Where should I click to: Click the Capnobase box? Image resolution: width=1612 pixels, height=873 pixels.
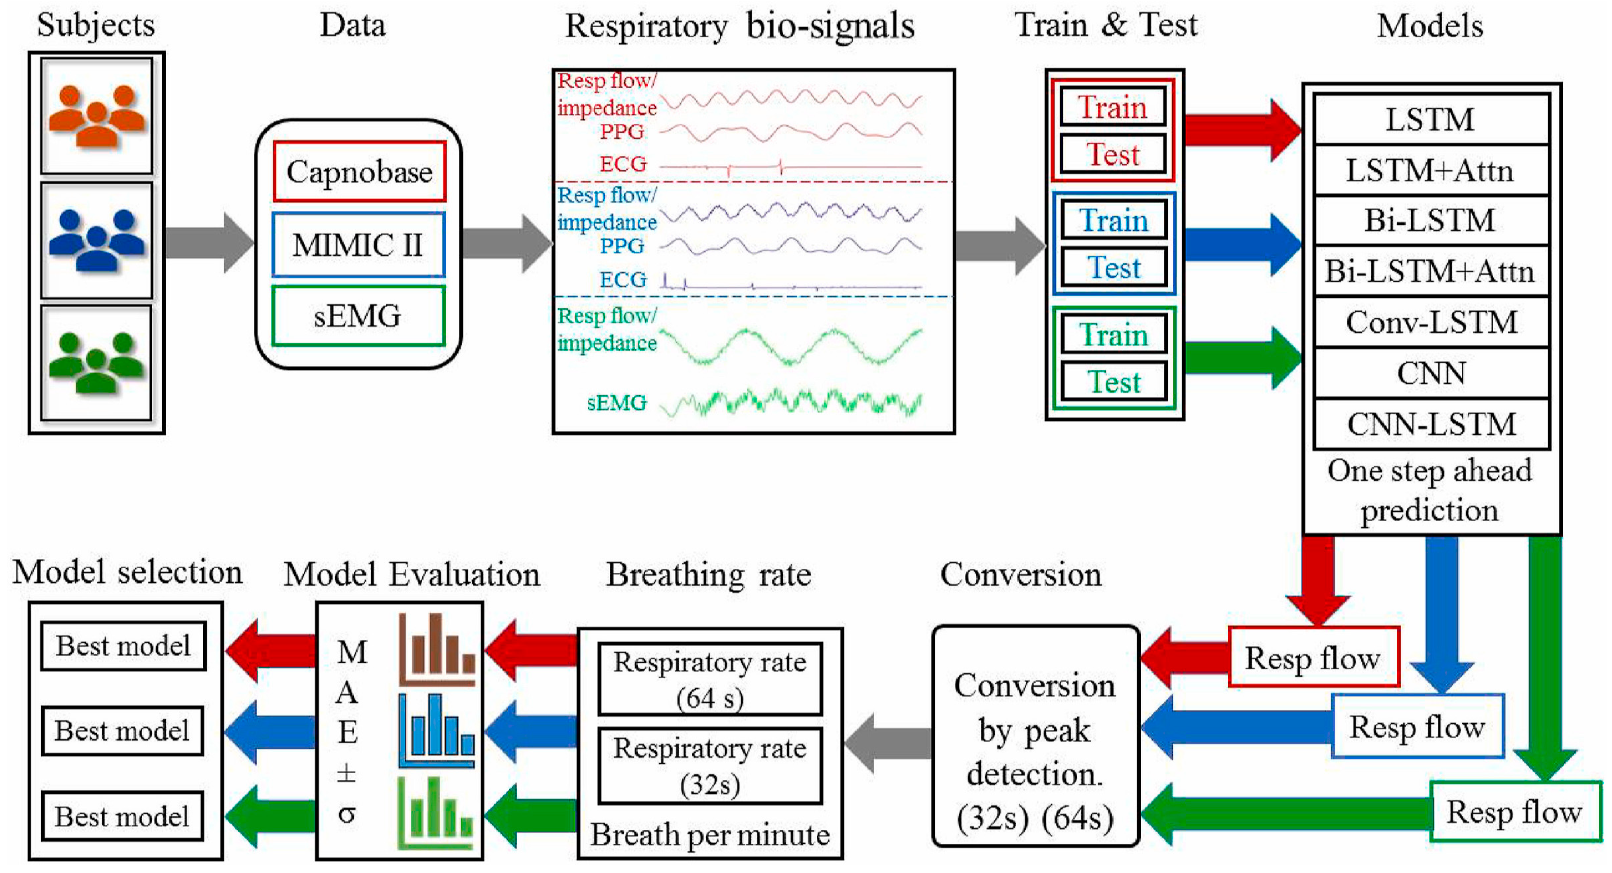point(359,172)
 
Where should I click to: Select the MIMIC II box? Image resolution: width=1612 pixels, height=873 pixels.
point(358,245)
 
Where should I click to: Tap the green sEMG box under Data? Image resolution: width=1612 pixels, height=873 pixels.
point(358,316)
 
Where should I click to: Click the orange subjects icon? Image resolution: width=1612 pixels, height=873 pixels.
point(97,116)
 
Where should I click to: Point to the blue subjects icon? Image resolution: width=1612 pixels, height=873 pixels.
point(97,240)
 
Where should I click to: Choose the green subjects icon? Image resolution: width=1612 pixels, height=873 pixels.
point(97,363)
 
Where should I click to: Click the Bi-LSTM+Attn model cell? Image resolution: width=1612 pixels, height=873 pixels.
point(1431,271)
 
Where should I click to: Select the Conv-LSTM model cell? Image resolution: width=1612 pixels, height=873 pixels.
point(1431,322)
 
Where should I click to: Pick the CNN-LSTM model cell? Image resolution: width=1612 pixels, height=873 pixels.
point(1431,424)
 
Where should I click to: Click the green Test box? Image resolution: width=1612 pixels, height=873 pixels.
point(1114,382)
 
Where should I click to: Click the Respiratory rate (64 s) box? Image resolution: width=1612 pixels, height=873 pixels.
point(710,679)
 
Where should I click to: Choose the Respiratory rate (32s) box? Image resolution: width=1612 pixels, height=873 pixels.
point(710,765)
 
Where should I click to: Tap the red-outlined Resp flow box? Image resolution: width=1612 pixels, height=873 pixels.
point(1313,658)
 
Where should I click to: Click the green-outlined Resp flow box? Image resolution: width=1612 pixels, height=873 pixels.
point(1514,812)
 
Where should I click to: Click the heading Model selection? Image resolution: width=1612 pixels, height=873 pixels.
point(128,572)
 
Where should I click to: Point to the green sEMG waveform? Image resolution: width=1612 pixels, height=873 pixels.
point(791,402)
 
